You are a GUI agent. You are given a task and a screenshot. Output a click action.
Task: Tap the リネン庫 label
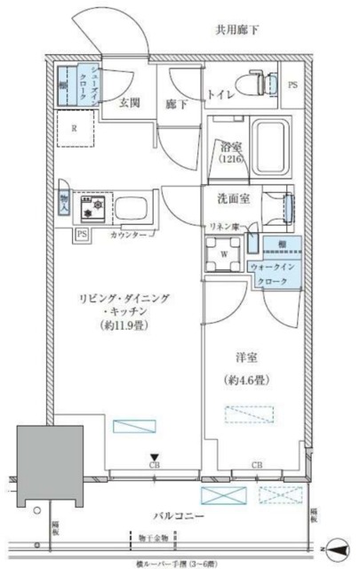point(224,228)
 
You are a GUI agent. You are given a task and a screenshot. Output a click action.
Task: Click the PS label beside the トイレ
point(294,86)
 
